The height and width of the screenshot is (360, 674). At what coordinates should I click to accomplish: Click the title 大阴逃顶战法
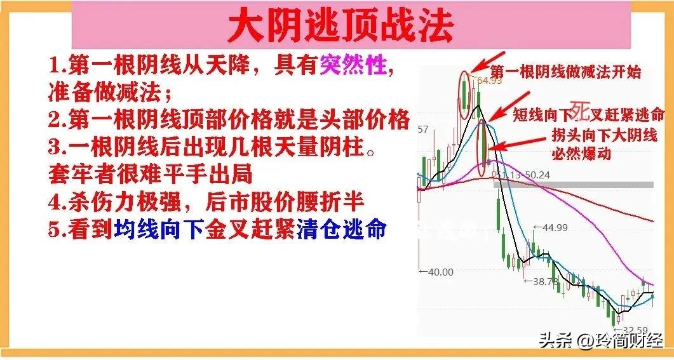340,27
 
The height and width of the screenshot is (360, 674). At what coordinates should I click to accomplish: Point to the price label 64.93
489,81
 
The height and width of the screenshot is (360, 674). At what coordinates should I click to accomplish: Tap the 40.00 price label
440,272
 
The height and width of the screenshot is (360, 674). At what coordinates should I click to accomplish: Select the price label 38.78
546,281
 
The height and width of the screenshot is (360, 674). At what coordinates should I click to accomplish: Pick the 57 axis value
423,130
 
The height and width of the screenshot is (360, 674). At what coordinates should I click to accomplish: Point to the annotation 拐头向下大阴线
604,136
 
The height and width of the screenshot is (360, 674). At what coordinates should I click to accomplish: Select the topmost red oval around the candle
466,95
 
